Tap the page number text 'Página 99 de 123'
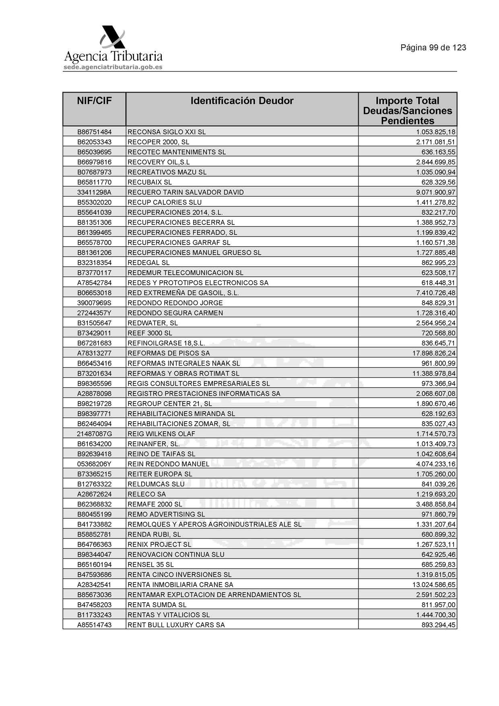[433, 48]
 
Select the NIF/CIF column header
[94, 101]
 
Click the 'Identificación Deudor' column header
[242, 101]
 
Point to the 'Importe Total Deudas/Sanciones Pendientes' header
[407, 111]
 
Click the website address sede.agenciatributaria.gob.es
[113, 67]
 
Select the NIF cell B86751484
[94, 132]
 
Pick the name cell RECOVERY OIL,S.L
[159, 162]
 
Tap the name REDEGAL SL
[148, 263]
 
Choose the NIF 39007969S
[94, 303]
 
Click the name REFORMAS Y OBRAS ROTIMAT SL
[183, 373]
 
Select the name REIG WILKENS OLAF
[161, 434]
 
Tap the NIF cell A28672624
[94, 494]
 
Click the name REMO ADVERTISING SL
[166, 514]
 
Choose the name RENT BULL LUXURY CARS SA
[176, 625]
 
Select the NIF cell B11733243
[94, 615]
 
